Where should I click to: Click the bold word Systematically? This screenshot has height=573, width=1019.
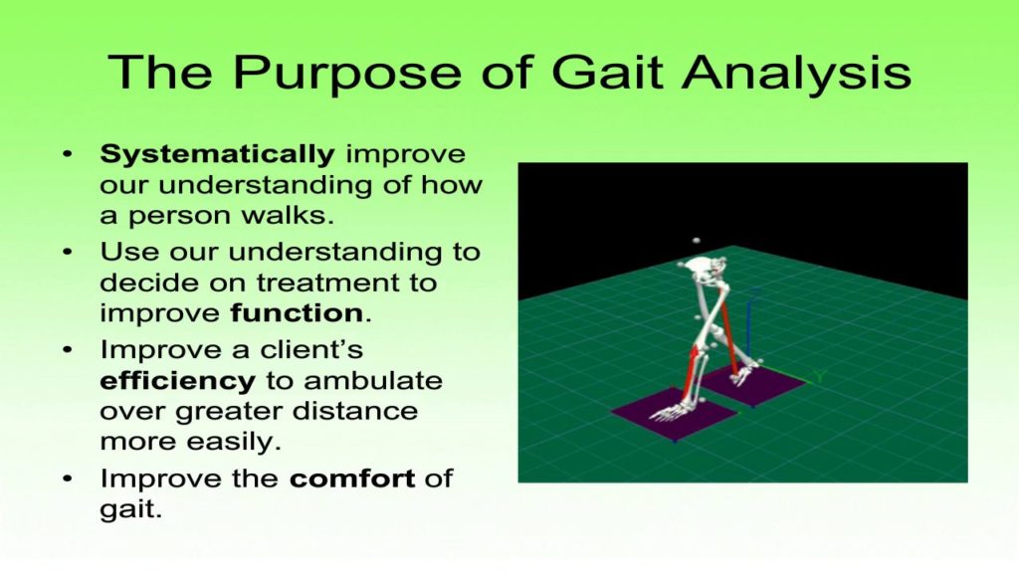click(217, 155)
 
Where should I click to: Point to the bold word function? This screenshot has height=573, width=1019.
click(296, 312)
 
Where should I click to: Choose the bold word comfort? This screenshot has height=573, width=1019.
click(352, 477)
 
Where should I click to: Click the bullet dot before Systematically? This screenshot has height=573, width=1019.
click(67, 156)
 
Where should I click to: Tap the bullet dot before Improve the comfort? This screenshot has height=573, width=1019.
click(67, 478)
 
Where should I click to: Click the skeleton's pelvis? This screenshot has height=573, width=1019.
click(706, 269)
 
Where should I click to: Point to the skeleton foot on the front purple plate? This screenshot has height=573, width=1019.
click(677, 409)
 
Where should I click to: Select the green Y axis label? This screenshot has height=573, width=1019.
click(818, 376)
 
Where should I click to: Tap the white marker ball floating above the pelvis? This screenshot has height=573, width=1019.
click(697, 242)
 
